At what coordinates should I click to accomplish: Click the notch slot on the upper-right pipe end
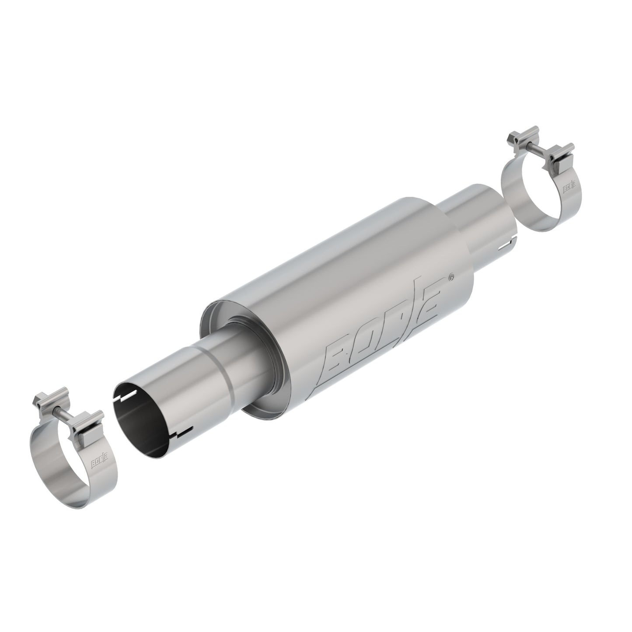point(507,242)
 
